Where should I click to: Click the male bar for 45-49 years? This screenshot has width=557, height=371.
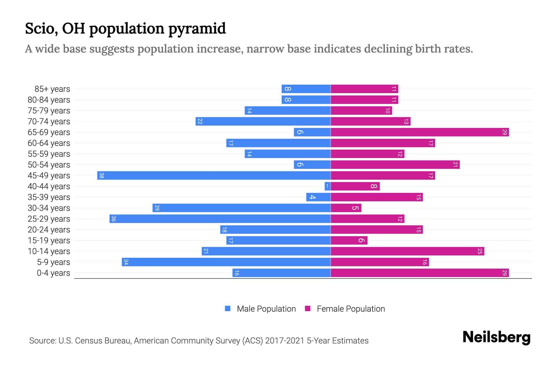214,176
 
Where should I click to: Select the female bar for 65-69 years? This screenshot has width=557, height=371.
420,132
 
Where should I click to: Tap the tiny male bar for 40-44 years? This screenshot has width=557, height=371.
327,186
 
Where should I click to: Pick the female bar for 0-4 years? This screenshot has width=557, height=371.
420,273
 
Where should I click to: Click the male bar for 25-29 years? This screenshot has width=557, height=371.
220,219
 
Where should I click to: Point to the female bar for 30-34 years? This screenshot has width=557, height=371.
346,208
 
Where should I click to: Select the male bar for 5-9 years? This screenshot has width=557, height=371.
226,262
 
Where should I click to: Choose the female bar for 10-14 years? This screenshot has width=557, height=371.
407,251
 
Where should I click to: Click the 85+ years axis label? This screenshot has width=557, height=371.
52,89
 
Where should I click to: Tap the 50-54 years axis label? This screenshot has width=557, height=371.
49,165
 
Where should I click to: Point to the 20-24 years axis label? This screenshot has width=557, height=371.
49,230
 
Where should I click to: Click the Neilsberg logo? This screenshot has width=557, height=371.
496,337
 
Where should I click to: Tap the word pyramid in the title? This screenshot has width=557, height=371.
197,29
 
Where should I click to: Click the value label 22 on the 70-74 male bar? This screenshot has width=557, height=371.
200,122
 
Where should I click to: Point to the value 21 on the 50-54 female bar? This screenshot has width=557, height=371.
455,165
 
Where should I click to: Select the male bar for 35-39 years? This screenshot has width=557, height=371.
318,197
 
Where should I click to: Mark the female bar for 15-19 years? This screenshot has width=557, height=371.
349,241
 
